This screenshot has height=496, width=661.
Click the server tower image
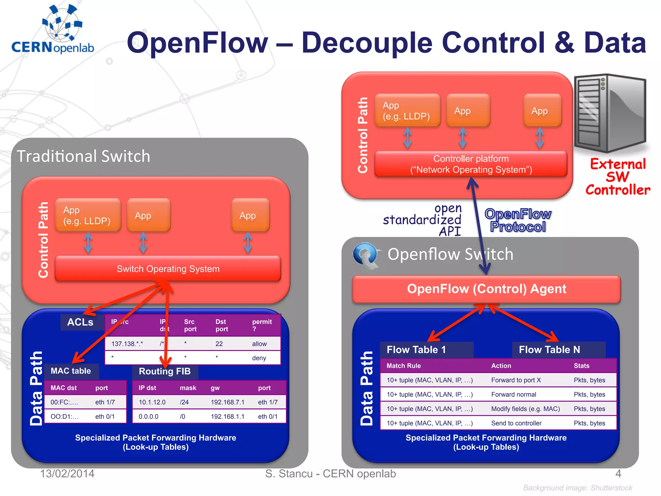tap(610, 113)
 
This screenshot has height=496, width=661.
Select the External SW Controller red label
tap(617, 177)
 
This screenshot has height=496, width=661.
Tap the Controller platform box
tap(471, 164)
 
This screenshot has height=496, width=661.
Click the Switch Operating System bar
tap(168, 269)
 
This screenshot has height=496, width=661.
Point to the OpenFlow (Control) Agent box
tap(486, 289)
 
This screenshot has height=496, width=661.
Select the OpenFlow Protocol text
tap(518, 220)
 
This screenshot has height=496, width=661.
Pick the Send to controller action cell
tap(516, 423)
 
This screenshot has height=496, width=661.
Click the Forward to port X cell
tap(516, 380)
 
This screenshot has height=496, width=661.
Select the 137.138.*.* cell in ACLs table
tap(127, 344)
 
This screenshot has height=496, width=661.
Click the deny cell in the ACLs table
tap(259, 358)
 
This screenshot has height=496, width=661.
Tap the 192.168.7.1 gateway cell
tap(228, 402)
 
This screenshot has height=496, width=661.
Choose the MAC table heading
tap(71, 371)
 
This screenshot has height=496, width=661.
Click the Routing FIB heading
tap(165, 371)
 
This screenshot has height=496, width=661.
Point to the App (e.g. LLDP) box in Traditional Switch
tap(88, 215)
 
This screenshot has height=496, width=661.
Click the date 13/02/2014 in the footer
tap(67, 474)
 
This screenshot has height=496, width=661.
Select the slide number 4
tap(618, 474)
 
